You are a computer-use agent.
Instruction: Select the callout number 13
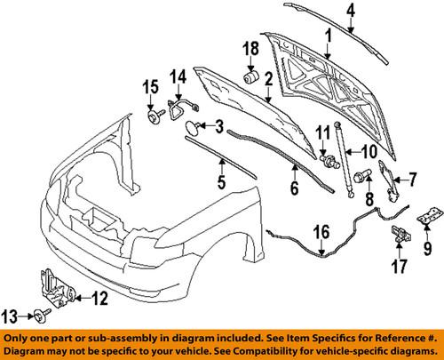click(x=12, y=314)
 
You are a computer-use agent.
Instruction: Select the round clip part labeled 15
click(x=154, y=115)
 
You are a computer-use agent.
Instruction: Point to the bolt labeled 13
click(x=41, y=314)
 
